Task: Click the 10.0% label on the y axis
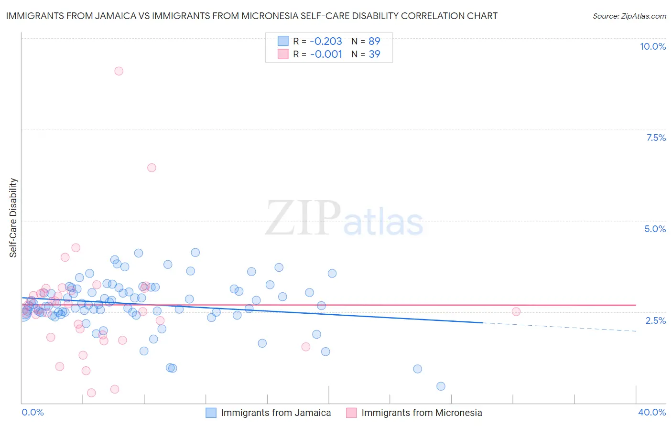coord(652,46)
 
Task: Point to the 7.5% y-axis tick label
coord(656,138)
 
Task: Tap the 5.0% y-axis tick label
coord(655,229)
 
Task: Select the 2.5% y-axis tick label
coord(655,320)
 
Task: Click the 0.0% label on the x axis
coord(33,412)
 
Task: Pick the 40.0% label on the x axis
coord(651,412)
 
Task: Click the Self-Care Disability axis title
coord(13,218)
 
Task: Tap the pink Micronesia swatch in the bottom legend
coord(351,413)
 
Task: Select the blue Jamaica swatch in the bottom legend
coord(211,413)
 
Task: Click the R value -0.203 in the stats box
coord(326,42)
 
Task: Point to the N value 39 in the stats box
coord(374,54)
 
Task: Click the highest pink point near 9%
coord(119,71)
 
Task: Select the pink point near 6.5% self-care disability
coord(152,168)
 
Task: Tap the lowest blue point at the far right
coord(441,386)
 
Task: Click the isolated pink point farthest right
coord(516,312)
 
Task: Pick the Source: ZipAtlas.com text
coord(629,16)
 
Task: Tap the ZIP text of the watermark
coord(303,219)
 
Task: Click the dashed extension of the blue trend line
coord(559,327)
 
